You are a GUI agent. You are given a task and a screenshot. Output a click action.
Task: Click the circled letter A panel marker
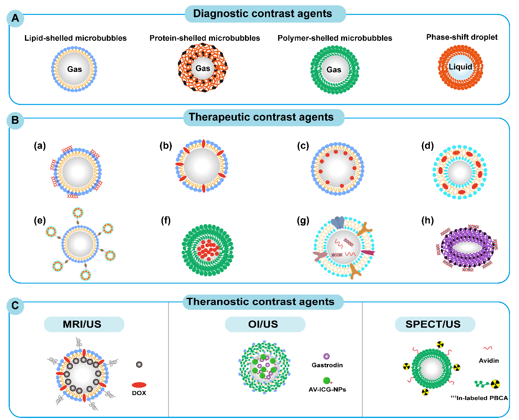[16, 18]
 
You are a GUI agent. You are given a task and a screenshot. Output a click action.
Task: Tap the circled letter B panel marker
[16, 121]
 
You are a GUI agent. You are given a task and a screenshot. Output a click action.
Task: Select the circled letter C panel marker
[16, 306]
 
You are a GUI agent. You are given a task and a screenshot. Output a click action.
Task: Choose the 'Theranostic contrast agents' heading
[261, 302]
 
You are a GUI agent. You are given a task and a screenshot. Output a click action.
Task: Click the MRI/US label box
[82, 324]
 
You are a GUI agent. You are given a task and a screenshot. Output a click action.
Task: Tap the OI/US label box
[263, 324]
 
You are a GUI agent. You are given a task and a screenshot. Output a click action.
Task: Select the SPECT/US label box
[433, 324]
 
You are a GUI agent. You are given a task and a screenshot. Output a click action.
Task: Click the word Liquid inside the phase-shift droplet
[461, 67]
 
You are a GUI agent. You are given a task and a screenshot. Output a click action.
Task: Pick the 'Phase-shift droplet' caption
[462, 37]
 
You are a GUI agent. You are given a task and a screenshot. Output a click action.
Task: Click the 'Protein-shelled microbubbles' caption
[204, 38]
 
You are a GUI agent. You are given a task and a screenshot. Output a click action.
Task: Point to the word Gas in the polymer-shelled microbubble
[334, 70]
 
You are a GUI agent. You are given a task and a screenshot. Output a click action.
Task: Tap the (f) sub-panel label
[166, 221]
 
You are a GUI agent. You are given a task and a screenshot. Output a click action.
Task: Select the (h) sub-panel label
[427, 221]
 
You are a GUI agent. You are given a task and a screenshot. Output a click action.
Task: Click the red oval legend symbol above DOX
[139, 385]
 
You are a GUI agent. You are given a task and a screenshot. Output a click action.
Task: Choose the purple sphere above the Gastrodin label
[326, 357]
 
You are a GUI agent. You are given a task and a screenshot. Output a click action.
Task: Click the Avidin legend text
[489, 360]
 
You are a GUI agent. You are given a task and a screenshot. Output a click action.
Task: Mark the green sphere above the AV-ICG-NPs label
[326, 381]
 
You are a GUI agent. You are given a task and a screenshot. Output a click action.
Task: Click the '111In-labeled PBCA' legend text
[479, 398]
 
